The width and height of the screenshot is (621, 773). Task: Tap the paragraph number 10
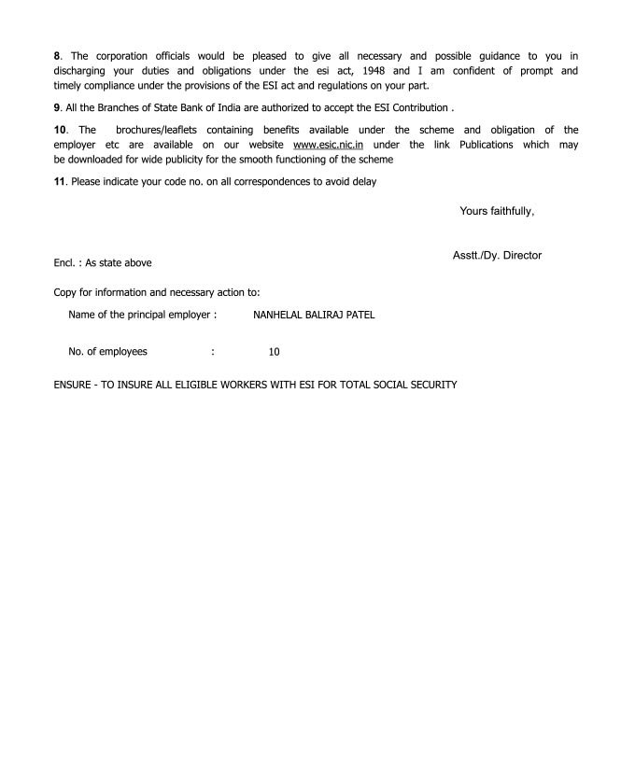[x=60, y=130]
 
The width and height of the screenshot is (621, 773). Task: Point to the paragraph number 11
[x=60, y=182]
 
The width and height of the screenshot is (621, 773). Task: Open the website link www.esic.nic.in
[x=328, y=145]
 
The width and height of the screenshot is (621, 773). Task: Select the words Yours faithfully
[x=497, y=212]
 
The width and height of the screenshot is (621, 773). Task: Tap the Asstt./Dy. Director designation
[x=497, y=255]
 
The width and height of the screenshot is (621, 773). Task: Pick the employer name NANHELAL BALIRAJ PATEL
[x=314, y=316]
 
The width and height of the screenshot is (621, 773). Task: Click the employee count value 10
[x=274, y=353]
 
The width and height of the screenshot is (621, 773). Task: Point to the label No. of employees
[x=108, y=353]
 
